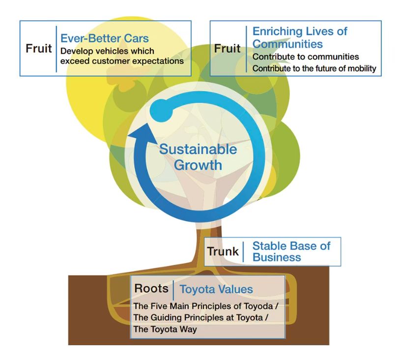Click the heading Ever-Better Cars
(x=105, y=38)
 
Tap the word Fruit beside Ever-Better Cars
(x=39, y=48)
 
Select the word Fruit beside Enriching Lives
(x=227, y=49)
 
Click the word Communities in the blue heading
(x=287, y=44)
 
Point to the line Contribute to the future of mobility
(x=314, y=68)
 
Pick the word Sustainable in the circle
(x=198, y=149)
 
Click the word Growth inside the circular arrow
(x=198, y=165)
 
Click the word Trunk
(x=223, y=251)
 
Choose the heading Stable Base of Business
(x=291, y=251)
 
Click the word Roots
(x=151, y=288)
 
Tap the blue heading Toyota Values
(x=216, y=289)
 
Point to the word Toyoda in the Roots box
(x=258, y=306)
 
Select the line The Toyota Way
(x=165, y=329)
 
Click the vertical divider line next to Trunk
(x=243, y=252)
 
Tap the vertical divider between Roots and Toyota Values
(x=173, y=290)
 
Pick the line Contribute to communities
(x=306, y=57)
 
